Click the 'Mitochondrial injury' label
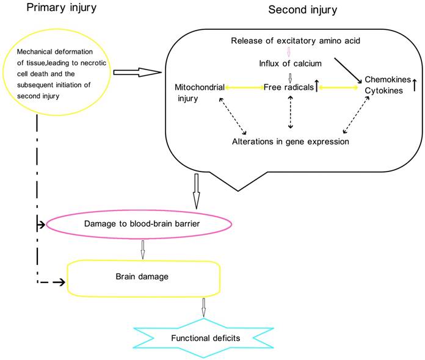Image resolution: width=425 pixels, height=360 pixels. (x=199, y=92)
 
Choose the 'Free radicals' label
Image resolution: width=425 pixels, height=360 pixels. (x=289, y=87)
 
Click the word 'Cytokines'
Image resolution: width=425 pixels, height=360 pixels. (x=384, y=91)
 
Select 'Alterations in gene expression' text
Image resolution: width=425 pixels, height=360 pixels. (x=290, y=141)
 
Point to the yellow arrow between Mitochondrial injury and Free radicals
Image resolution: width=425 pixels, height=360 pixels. (x=244, y=87)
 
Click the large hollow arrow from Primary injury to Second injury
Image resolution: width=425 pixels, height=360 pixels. (x=136, y=73)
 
